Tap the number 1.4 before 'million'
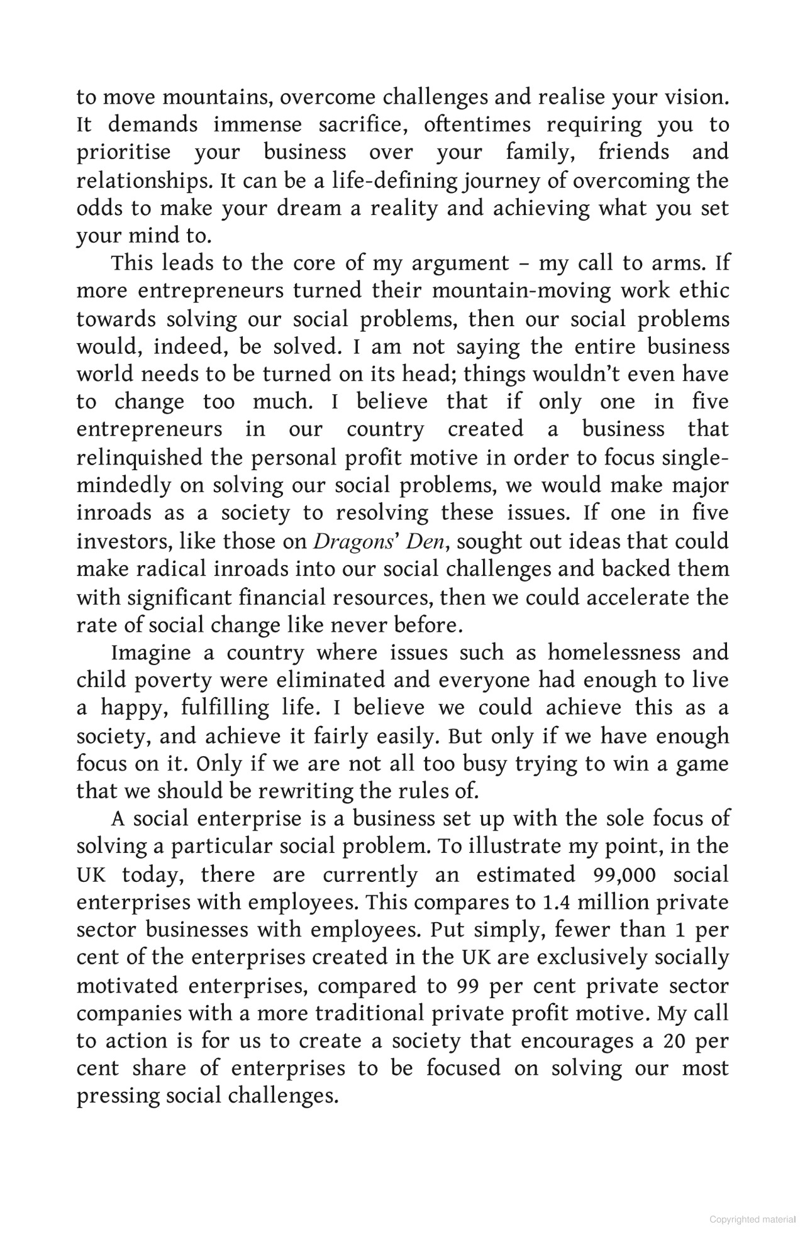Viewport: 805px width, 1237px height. click(x=554, y=903)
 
